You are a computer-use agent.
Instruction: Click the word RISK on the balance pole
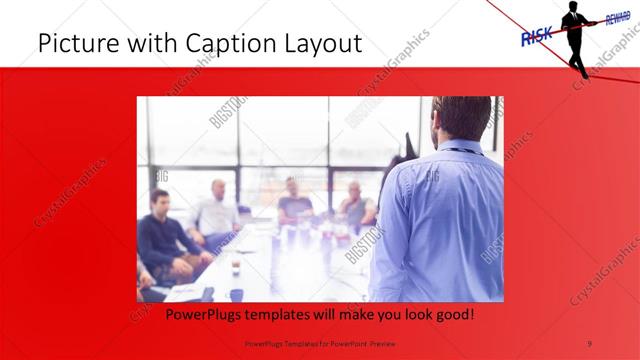[x=537, y=36]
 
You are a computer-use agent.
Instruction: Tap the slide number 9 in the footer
[x=590, y=342]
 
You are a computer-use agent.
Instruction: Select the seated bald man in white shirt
[x=216, y=210]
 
